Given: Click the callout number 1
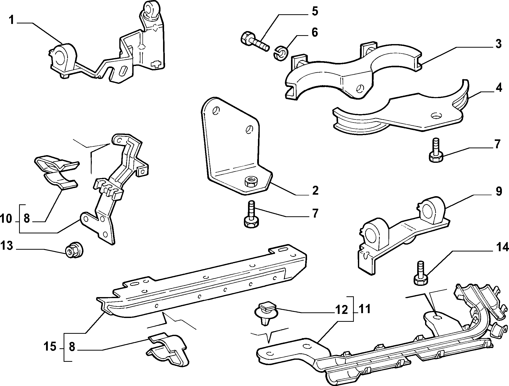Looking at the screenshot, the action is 11,20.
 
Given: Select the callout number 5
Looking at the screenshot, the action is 315,11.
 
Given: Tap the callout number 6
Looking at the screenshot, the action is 315,32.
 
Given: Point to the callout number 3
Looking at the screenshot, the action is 498,44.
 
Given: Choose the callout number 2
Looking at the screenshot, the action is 315,190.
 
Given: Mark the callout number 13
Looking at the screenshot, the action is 7,246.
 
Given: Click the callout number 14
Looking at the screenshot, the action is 502,247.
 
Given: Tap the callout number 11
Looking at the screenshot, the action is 365,309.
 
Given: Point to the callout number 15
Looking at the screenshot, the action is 50,347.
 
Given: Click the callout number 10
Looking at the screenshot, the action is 6,219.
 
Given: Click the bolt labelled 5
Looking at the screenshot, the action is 255,42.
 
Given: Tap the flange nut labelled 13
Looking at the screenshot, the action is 75,251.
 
